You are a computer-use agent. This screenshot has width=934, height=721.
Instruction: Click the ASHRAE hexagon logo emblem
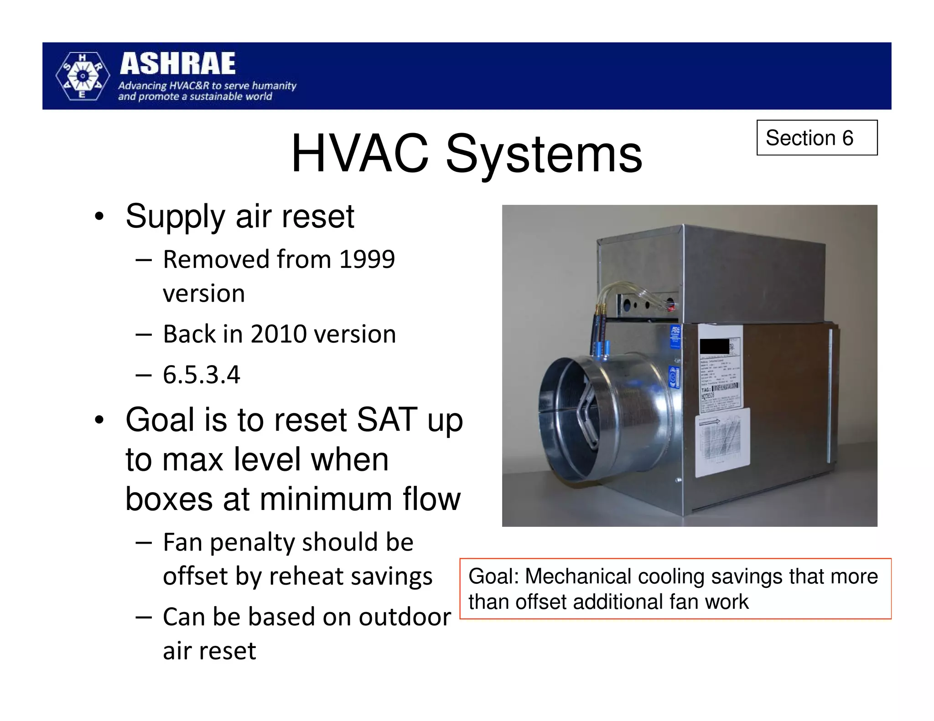[83, 76]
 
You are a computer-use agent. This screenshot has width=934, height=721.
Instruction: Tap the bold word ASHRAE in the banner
[178, 63]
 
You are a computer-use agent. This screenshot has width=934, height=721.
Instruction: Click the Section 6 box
[816, 138]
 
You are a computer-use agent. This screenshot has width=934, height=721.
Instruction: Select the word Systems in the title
[544, 154]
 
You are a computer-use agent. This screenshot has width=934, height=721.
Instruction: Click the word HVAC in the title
[360, 154]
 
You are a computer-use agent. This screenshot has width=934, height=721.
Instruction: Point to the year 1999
[367, 259]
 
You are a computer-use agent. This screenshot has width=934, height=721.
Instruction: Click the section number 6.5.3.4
[201, 375]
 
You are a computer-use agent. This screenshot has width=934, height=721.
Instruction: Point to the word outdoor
[405, 617]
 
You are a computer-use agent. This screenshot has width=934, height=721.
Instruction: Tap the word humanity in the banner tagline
[274, 86]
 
